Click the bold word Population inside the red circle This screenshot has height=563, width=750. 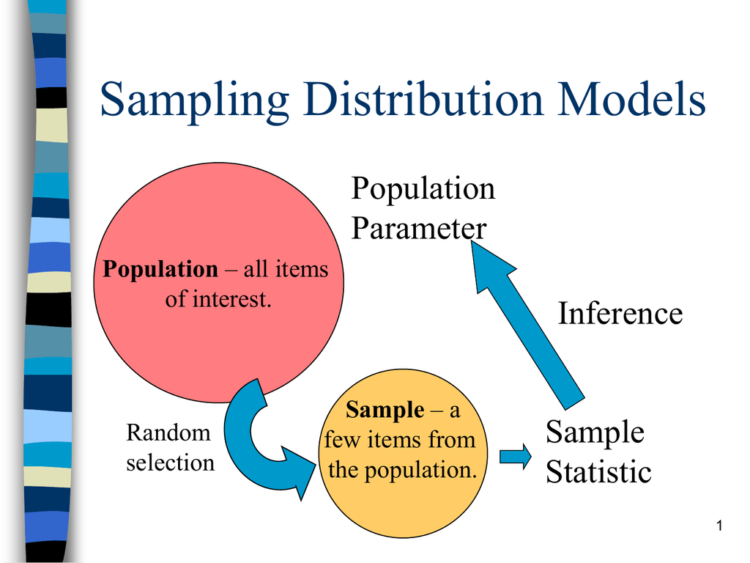click(x=160, y=269)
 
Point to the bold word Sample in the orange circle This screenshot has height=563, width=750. click(x=385, y=410)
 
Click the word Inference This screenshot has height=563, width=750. click(x=620, y=314)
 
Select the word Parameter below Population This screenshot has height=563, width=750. click(x=418, y=228)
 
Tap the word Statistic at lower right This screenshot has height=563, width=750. click(x=598, y=471)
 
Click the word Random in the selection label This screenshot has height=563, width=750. click(x=168, y=433)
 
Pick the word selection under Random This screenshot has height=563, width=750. click(x=170, y=463)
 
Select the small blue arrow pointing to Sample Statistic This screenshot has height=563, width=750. click(x=516, y=457)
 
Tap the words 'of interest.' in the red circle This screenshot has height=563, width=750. click(x=218, y=299)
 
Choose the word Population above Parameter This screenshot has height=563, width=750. click(x=423, y=189)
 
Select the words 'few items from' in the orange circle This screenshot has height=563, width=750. click(x=400, y=440)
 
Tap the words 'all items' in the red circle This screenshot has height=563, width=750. click(x=286, y=269)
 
